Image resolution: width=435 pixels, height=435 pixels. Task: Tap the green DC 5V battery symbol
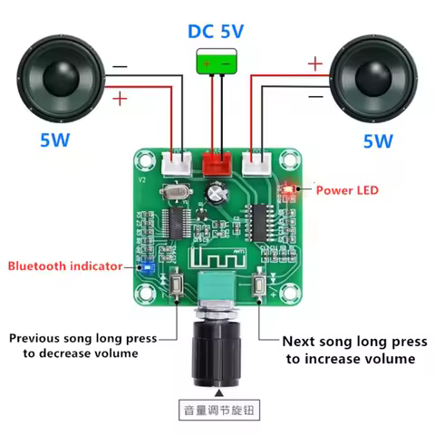[217, 63]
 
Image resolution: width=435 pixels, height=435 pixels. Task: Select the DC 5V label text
[217, 31]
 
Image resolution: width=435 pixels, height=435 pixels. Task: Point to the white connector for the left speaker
[175, 164]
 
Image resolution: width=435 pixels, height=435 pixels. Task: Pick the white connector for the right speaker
[260, 164]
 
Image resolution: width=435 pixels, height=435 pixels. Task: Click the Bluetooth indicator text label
[64, 266]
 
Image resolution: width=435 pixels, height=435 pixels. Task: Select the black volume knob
[217, 349]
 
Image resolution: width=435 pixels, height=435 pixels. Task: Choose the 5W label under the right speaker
[377, 141]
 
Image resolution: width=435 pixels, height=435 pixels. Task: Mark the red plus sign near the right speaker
[314, 63]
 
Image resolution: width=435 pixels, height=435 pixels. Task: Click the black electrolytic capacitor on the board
[217, 192]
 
